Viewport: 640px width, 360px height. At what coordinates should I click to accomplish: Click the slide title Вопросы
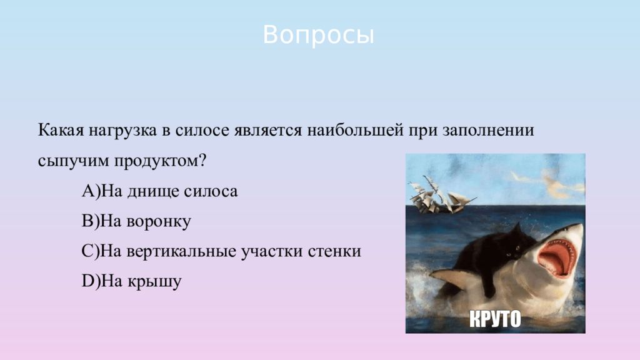[318, 35]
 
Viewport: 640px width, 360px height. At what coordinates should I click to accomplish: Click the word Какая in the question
[61, 131]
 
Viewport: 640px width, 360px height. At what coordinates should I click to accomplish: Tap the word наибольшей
[355, 131]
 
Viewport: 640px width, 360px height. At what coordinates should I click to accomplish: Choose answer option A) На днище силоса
[159, 191]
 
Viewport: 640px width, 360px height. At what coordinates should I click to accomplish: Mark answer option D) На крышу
[131, 282]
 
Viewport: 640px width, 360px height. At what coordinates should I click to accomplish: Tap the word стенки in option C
[334, 251]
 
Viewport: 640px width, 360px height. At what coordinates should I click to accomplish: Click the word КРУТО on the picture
[495, 319]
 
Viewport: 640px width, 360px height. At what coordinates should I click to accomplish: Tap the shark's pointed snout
[578, 227]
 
